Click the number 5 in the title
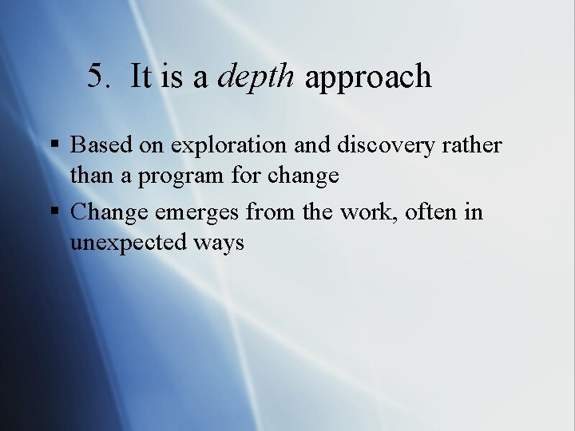pyautogui.click(x=96, y=77)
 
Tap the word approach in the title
pyautogui.click(x=368, y=77)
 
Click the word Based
pyautogui.click(x=97, y=145)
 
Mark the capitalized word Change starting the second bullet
pyautogui.click(x=108, y=212)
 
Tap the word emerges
pyautogui.click(x=195, y=212)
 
